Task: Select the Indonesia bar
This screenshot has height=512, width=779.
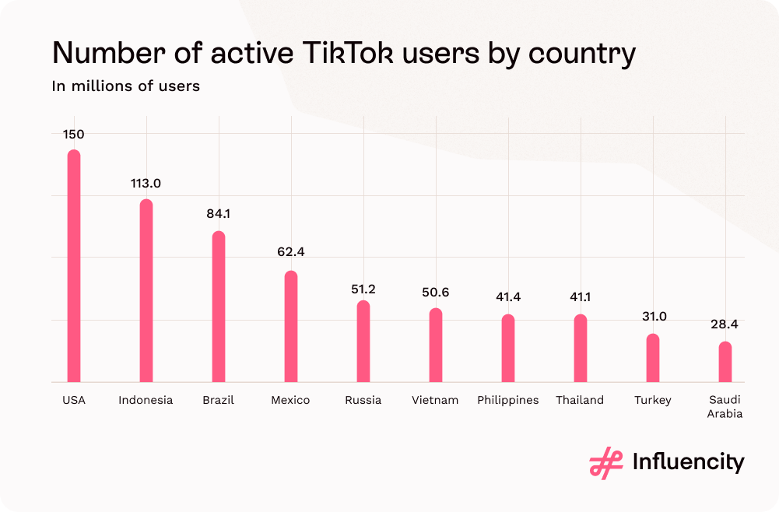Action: pyautogui.click(x=146, y=290)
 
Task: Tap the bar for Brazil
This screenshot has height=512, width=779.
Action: pyautogui.click(x=219, y=307)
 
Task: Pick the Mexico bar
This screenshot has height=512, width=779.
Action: pyautogui.click(x=290, y=326)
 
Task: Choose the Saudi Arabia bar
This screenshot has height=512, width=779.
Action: pyautogui.click(x=725, y=362)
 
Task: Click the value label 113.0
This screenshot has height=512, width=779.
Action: pyautogui.click(x=146, y=184)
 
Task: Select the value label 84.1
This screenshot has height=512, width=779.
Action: pyautogui.click(x=219, y=214)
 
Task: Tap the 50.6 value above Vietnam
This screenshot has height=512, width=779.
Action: pyautogui.click(x=435, y=293)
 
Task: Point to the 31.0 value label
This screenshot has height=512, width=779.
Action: pyautogui.click(x=652, y=317)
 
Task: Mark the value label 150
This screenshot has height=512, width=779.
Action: pyautogui.click(x=74, y=135)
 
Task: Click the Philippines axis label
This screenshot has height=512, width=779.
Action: pyautogui.click(x=508, y=400)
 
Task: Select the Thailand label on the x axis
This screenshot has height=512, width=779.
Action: pyautogui.click(x=580, y=400)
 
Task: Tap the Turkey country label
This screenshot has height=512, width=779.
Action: pyautogui.click(x=652, y=400)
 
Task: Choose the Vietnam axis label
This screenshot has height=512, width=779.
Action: pyautogui.click(x=435, y=400)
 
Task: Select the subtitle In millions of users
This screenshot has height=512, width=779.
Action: pyautogui.click(x=126, y=86)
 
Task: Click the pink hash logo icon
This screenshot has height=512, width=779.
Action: pyautogui.click(x=606, y=463)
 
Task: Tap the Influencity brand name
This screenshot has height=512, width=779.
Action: pyautogui.click(x=688, y=462)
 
